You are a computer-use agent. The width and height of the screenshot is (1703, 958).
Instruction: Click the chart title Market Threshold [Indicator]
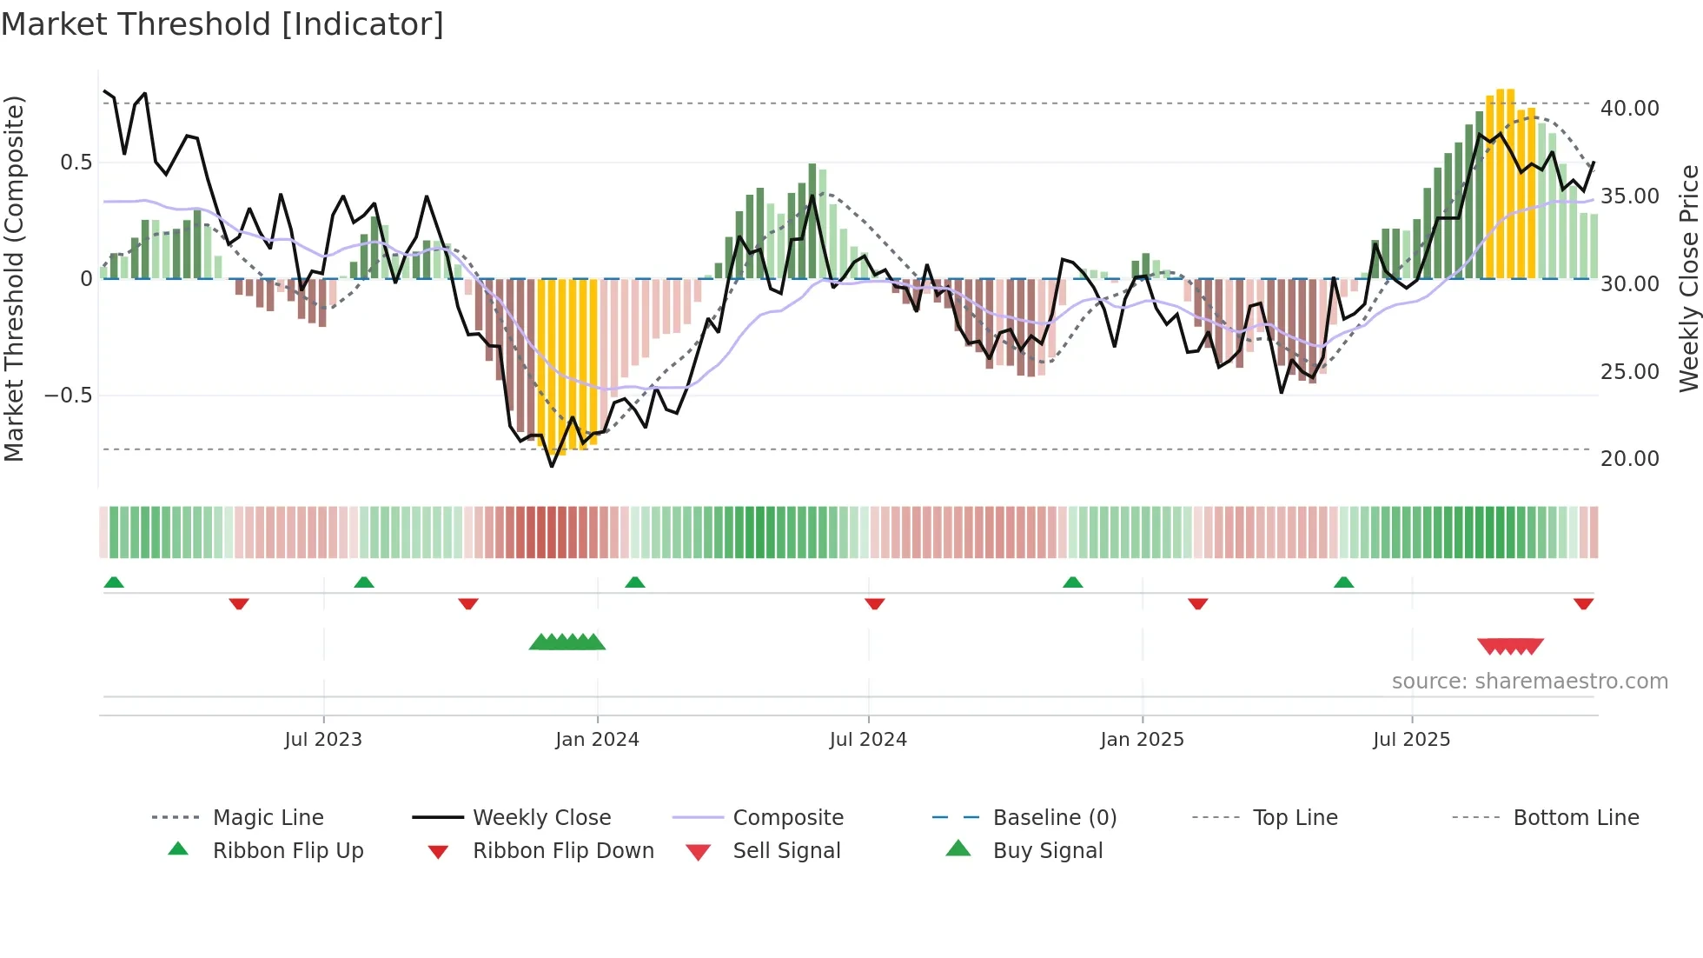(x=222, y=24)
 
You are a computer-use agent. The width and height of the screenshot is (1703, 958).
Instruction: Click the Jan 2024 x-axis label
(x=597, y=740)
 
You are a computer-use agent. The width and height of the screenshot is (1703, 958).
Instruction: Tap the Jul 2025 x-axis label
(x=1411, y=740)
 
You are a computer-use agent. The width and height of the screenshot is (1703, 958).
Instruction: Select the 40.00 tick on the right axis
(x=1629, y=109)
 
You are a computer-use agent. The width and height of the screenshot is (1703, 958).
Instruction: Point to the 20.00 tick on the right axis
(x=1629, y=459)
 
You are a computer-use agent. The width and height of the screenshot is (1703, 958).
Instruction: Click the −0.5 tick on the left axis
(x=69, y=396)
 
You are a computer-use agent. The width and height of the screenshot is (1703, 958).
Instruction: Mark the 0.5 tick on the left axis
(x=76, y=163)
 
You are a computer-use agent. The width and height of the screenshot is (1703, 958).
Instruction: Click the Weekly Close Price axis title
(x=1688, y=278)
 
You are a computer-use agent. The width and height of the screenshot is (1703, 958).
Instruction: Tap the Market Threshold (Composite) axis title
(x=14, y=278)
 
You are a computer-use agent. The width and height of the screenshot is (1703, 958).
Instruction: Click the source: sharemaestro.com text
(x=1529, y=682)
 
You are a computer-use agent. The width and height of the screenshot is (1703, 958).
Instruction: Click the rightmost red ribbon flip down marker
(x=1583, y=603)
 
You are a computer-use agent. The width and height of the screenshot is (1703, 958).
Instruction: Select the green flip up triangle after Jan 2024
(x=635, y=582)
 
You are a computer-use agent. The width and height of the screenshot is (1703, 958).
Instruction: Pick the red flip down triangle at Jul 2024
(x=875, y=603)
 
